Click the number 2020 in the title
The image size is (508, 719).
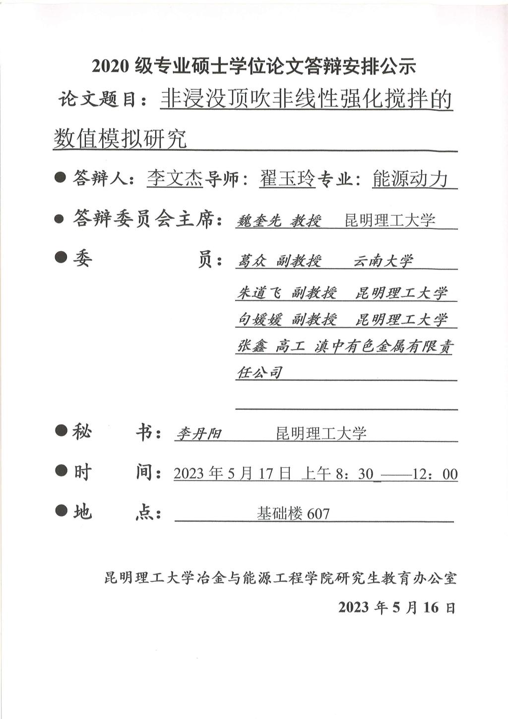(110, 66)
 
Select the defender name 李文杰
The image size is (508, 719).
(175, 178)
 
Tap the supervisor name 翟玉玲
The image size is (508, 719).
(287, 178)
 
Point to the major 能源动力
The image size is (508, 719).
(410, 179)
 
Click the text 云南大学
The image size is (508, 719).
(382, 261)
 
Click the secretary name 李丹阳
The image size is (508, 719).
(199, 434)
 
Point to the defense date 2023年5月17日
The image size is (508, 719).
(232, 474)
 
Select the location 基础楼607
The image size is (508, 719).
(293, 513)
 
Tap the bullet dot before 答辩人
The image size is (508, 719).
(61, 177)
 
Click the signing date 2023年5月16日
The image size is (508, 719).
(396, 607)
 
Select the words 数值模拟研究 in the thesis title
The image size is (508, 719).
(120, 139)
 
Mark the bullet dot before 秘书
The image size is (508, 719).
(61, 431)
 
